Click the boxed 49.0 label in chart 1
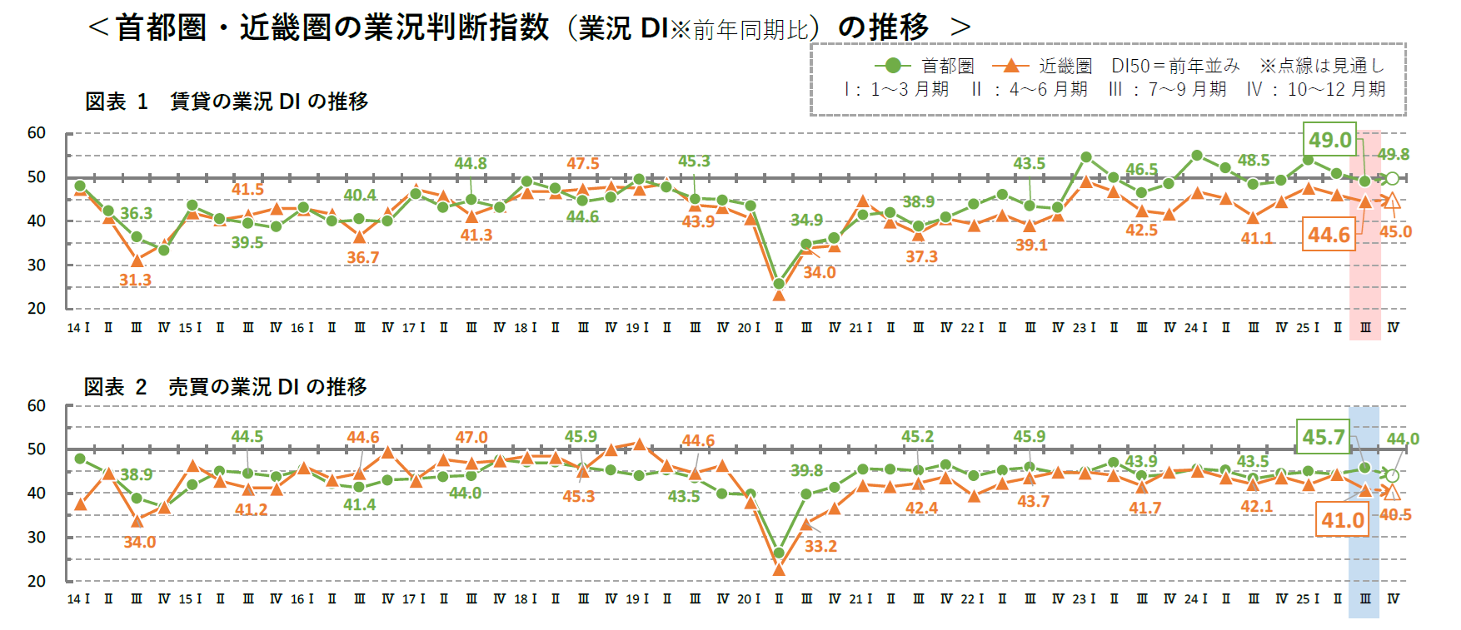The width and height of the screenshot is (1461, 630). [1329, 140]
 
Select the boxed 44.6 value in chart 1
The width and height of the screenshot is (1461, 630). [1328, 235]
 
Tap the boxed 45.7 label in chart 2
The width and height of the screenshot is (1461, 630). [1324, 437]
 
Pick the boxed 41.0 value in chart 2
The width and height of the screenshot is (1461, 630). [1342, 520]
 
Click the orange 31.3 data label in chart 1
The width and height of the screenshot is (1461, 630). [135, 280]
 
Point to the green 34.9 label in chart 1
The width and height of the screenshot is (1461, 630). [805, 220]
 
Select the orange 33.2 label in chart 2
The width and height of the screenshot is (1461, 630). [820, 546]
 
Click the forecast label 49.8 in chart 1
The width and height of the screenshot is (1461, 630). [1393, 154]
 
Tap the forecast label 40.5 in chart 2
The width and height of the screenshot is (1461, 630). [1395, 515]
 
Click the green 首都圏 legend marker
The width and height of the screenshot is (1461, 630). [892, 66]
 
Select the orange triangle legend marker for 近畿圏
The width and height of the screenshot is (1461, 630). [1010, 66]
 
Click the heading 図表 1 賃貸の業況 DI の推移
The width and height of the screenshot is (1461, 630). [227, 102]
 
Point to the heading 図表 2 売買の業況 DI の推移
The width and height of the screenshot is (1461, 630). [226, 387]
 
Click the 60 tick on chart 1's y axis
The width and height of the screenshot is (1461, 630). [37, 133]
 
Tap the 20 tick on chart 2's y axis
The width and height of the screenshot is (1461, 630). [37, 581]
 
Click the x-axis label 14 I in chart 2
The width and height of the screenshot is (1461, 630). [78, 599]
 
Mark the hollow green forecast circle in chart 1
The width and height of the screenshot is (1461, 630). [1391, 178]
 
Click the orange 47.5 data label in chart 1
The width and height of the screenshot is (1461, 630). [582, 163]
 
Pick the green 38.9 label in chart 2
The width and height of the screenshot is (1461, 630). [136, 474]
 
